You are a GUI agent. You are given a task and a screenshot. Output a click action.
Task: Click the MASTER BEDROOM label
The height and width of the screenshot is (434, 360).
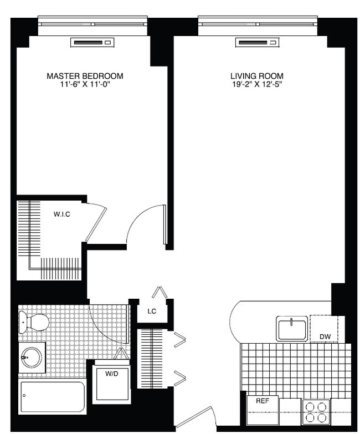(x=85, y=75)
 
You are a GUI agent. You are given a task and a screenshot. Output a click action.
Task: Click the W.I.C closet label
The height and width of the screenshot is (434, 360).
(x=61, y=214)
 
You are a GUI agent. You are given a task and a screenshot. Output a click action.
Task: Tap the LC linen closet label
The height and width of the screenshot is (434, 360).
(x=151, y=312)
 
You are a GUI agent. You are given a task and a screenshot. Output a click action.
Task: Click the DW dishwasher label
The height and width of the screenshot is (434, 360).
(x=325, y=336)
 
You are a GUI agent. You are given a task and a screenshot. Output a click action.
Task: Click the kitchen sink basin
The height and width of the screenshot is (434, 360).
(x=292, y=329)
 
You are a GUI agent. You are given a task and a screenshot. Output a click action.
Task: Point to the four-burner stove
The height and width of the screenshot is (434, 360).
(x=316, y=412)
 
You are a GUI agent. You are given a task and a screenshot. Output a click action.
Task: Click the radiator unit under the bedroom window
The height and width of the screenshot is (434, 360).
(x=92, y=43)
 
